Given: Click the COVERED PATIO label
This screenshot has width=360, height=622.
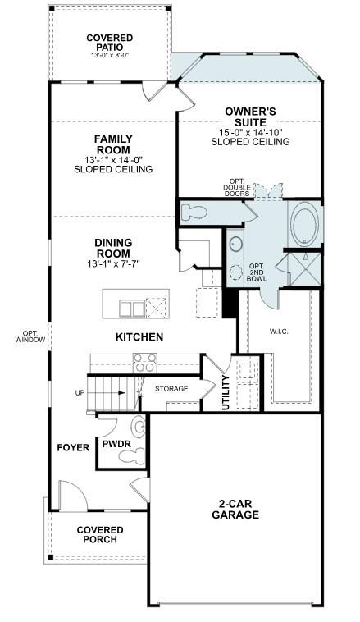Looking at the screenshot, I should pos(109,43).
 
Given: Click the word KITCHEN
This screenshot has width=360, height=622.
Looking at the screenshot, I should pos(139,337).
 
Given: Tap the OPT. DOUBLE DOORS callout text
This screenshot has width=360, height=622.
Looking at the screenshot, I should pos(236,188).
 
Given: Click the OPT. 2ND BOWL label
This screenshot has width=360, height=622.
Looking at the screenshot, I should pos(257,272).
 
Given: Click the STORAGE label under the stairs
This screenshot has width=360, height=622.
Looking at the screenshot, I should pos(171,388).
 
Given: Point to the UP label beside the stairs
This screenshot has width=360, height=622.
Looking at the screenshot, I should pos(80,393).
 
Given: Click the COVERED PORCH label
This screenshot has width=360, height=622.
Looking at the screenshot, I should pos(100,535).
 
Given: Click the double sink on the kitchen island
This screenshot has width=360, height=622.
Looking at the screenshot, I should pos(132,308).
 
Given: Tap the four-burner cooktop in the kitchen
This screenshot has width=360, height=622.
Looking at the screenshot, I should pos(144,362).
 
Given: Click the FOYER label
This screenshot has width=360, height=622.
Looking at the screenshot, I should pos(72,447).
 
